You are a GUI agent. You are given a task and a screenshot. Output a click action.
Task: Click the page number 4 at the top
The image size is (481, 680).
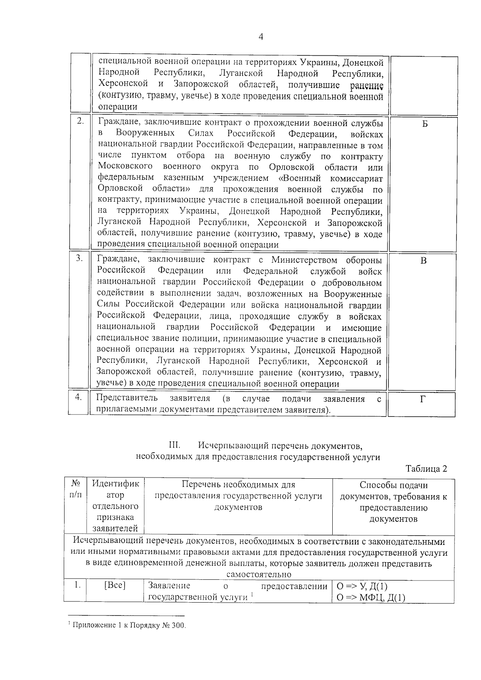click(x=261, y=37)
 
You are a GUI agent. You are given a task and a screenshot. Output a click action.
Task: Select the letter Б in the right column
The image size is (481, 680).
click(x=425, y=124)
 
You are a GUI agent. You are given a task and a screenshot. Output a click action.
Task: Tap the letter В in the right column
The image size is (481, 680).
click(x=423, y=261)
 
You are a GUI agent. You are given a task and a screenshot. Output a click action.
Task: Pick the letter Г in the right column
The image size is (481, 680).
click(x=422, y=399)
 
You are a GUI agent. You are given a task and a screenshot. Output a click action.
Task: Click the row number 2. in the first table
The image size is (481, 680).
click(x=80, y=121)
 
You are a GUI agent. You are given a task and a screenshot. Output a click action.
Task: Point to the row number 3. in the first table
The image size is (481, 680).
click(x=79, y=259)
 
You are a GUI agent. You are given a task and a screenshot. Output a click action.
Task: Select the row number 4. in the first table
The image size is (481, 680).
click(x=79, y=397)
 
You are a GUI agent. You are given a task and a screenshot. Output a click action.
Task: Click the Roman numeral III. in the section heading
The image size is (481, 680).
click(x=175, y=445)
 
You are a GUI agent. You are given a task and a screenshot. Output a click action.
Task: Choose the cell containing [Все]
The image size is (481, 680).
click(x=115, y=586)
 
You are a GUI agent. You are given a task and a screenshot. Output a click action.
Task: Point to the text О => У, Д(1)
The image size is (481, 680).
click(x=362, y=587)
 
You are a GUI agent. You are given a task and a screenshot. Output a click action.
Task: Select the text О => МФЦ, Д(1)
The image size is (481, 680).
click(x=371, y=598)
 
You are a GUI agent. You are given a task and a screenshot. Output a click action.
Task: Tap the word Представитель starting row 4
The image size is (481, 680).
click(x=127, y=399)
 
